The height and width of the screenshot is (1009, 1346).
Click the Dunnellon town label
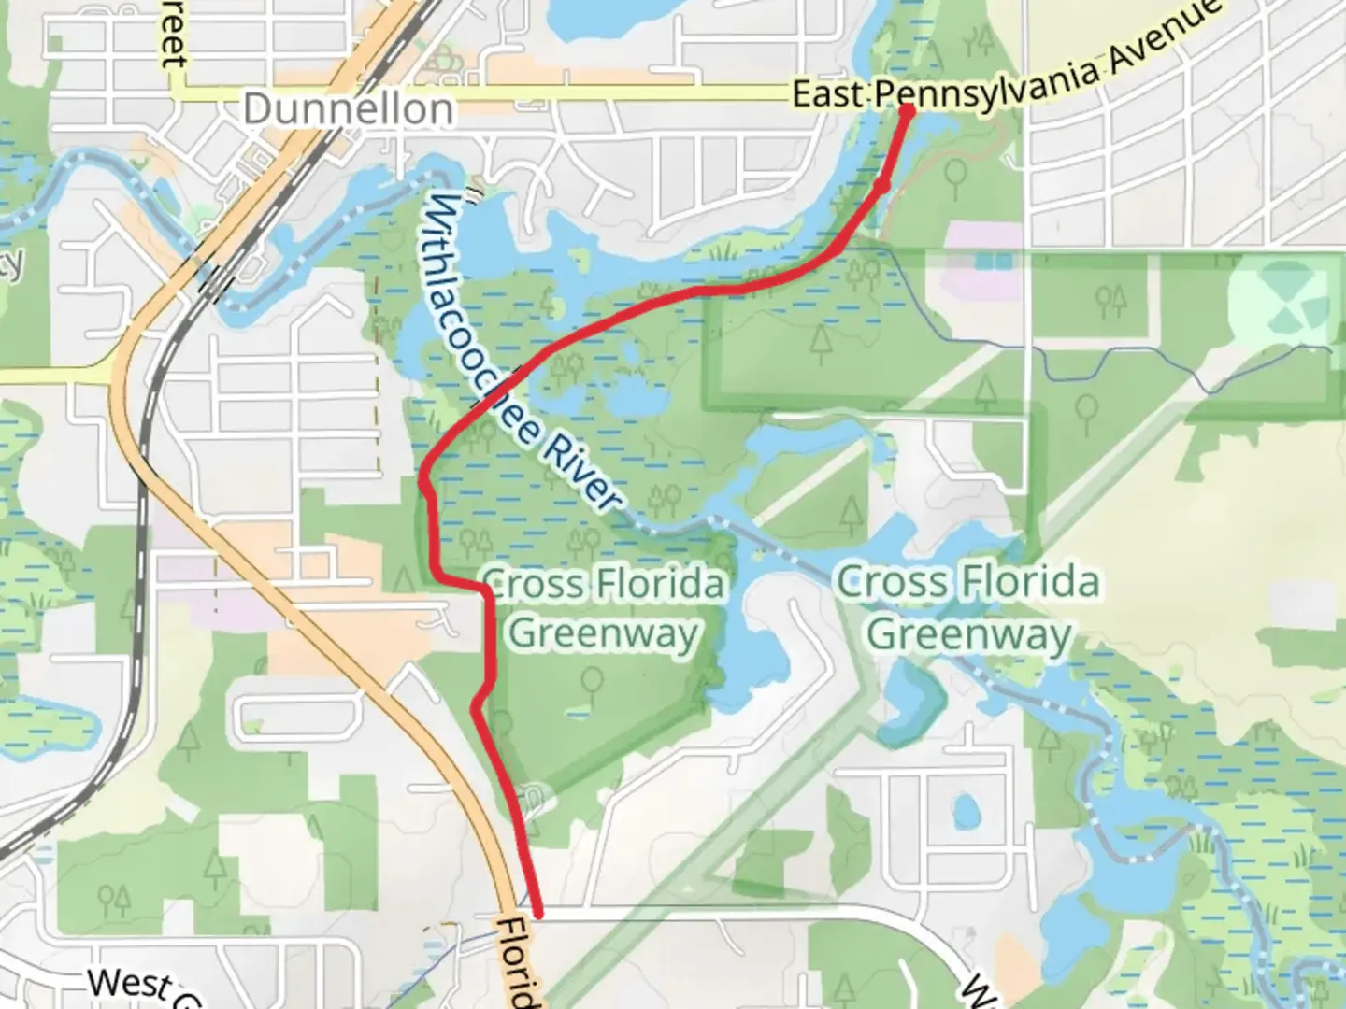point(348,109)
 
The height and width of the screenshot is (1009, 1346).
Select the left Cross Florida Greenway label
point(604,608)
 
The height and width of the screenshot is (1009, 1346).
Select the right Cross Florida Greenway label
point(968,607)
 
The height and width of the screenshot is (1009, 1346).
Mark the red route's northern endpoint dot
point(907,111)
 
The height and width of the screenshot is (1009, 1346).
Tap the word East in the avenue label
point(830,93)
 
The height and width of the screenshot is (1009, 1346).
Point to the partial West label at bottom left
point(130,985)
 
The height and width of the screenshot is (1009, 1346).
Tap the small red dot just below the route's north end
point(881,186)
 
